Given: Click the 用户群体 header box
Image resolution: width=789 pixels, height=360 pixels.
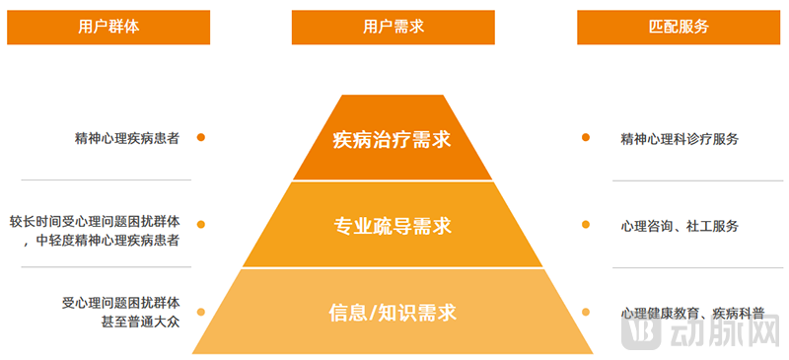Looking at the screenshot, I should pyautogui.click(x=108, y=28).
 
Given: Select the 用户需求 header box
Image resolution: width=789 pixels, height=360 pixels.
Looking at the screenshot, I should pyautogui.click(x=394, y=28).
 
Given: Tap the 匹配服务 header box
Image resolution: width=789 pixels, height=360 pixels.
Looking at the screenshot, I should pyautogui.click(x=680, y=28).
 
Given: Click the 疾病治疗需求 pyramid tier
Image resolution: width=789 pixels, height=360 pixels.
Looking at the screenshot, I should pyautogui.click(x=393, y=139).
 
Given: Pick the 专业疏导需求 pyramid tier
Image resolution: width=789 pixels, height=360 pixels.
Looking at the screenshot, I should pyautogui.click(x=393, y=226).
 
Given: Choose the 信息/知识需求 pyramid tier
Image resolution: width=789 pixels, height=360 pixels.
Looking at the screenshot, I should pyautogui.click(x=393, y=313).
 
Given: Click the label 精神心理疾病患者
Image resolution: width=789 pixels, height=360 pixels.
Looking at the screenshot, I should pyautogui.click(x=126, y=139).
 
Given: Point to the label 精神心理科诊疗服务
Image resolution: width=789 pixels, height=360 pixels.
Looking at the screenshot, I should pyautogui.click(x=680, y=139).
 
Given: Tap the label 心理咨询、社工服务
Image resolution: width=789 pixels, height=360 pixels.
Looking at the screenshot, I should pyautogui.click(x=680, y=226).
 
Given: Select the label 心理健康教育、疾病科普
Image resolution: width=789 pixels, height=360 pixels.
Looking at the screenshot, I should pyautogui.click(x=692, y=313).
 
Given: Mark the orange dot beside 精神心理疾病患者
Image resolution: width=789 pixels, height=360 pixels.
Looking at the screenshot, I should pyautogui.click(x=201, y=138).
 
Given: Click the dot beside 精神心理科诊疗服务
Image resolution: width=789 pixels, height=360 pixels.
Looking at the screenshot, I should pyautogui.click(x=586, y=138).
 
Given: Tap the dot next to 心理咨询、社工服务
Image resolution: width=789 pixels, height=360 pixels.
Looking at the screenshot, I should pyautogui.click(x=586, y=225).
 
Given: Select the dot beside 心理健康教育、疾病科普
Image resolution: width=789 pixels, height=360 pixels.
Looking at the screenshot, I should pyautogui.click(x=586, y=312).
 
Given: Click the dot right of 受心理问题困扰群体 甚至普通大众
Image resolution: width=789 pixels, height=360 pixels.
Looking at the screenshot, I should pyautogui.click(x=201, y=312).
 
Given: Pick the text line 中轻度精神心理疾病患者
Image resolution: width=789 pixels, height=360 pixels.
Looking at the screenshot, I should pyautogui.click(x=108, y=240).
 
